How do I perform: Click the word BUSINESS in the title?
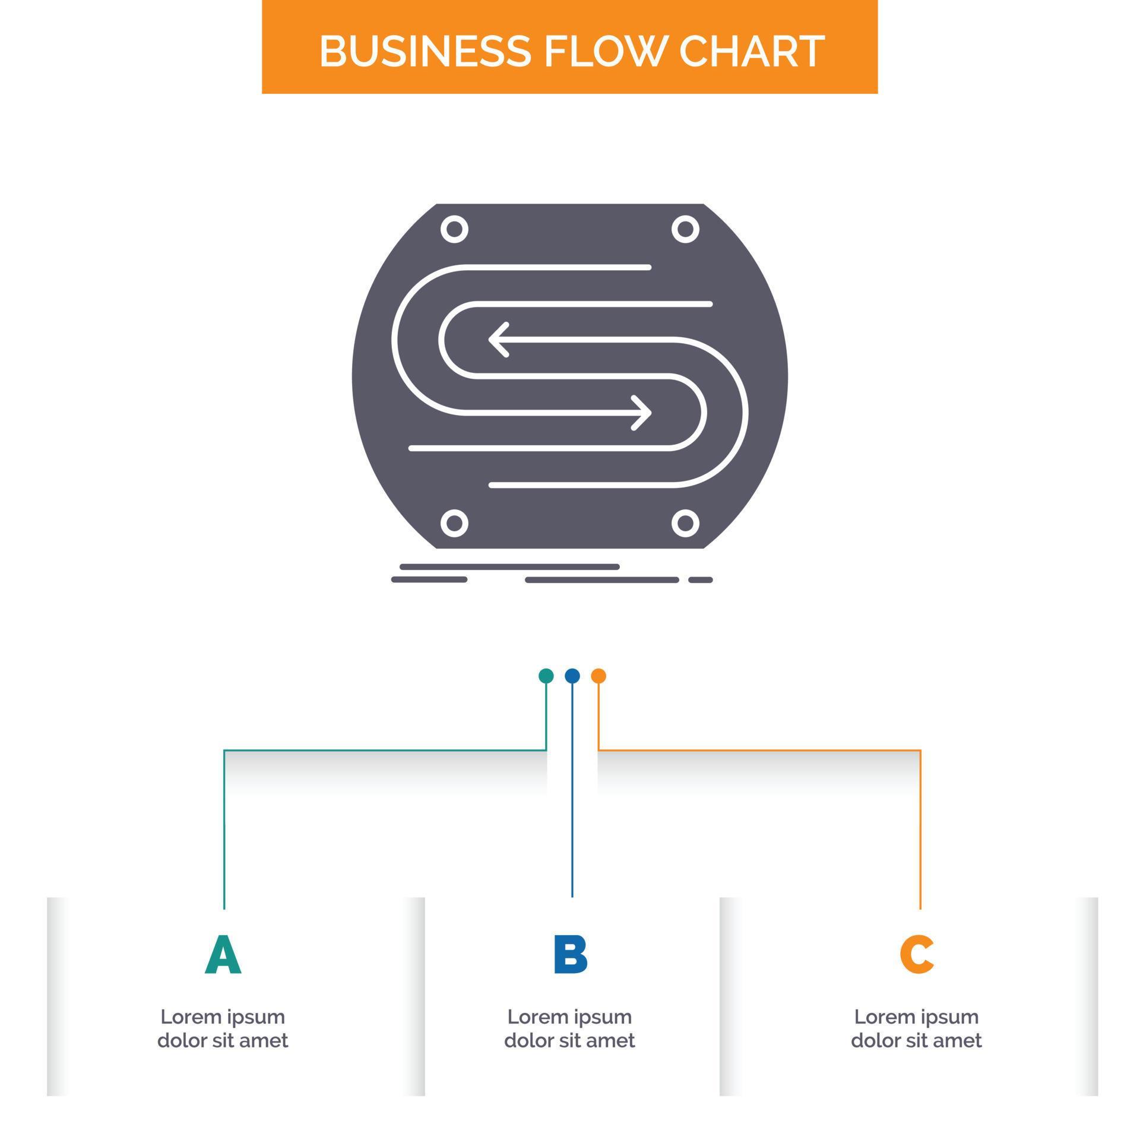425,51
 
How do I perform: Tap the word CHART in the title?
751,51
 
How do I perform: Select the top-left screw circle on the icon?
454,229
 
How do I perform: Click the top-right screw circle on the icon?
685,229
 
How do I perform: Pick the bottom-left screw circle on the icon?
454,523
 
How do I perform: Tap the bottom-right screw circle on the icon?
685,523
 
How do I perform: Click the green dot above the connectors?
546,676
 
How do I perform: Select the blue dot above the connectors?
572,676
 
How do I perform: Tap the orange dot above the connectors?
598,676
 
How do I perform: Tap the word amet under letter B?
613,1041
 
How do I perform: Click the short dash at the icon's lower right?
700,579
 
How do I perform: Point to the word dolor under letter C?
873,1041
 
